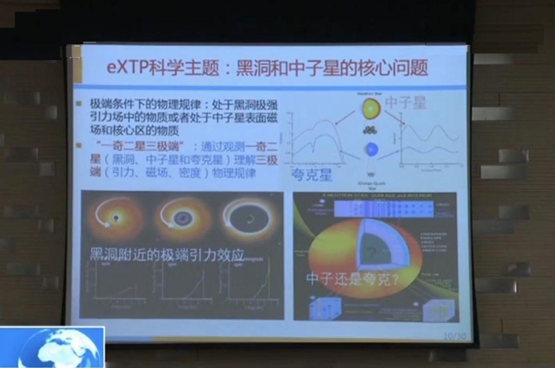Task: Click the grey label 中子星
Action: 405,102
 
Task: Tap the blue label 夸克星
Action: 311,174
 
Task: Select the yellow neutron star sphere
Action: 371,109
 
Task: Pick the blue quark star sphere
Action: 371,150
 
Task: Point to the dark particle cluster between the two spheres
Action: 369,130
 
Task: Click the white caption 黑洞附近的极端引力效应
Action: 166,254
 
